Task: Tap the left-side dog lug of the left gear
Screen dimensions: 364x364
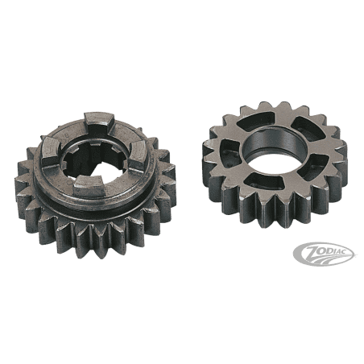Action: (50, 151)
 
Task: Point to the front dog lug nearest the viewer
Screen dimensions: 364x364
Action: (89, 186)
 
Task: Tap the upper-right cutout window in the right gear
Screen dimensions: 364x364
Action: (308, 128)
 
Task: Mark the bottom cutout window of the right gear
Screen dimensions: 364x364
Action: (263, 181)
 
